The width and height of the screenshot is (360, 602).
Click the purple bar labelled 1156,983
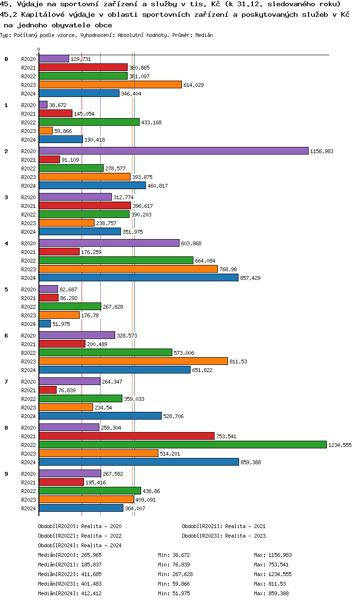pos(173,151)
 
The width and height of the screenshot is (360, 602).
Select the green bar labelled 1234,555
pos(182,445)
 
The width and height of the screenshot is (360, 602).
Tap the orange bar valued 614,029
pos(110,84)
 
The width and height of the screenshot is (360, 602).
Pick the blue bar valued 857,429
pos(138,277)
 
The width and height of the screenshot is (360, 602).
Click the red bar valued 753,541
pos(126,436)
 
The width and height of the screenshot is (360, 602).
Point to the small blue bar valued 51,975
pos(45,324)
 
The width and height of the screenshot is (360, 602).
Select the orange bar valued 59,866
pos(46,131)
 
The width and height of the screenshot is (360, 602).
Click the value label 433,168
pos(151,122)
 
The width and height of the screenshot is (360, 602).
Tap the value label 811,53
pos(238,361)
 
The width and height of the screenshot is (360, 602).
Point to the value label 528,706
pos(173,416)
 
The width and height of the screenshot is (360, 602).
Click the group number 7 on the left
pos(6,382)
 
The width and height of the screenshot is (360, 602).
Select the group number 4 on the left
pos(6,243)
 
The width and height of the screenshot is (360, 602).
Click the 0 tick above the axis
pos(39,50)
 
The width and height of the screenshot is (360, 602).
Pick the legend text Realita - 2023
pos(245,536)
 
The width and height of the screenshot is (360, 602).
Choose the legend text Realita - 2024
pos(101,545)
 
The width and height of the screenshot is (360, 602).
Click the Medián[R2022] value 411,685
pos(91,574)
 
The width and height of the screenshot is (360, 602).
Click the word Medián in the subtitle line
pos(204,35)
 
